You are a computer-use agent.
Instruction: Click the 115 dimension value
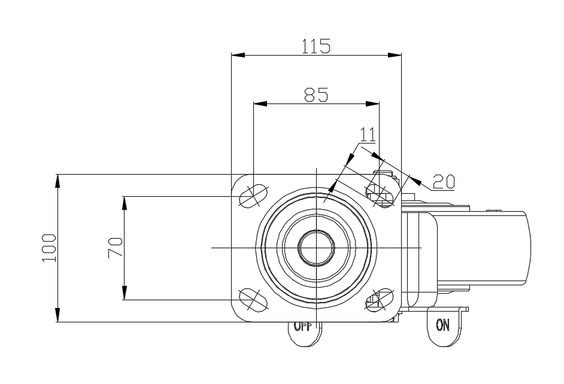click(316, 46)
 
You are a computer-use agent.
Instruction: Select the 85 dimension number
click(316, 95)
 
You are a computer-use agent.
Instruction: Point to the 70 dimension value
click(115, 247)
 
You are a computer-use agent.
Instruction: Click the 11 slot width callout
click(367, 135)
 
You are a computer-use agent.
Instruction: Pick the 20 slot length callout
click(444, 181)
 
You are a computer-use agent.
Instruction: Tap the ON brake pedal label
click(442, 325)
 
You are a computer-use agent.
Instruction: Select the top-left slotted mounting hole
click(254, 196)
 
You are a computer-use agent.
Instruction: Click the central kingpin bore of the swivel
click(316, 248)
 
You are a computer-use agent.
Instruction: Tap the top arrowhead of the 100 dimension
click(57, 181)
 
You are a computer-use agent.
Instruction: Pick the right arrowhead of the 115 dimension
click(395, 56)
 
